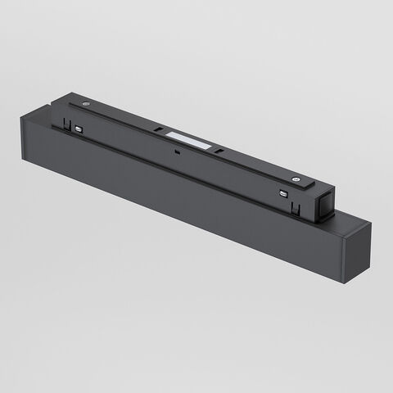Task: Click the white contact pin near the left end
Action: coord(78,129)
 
